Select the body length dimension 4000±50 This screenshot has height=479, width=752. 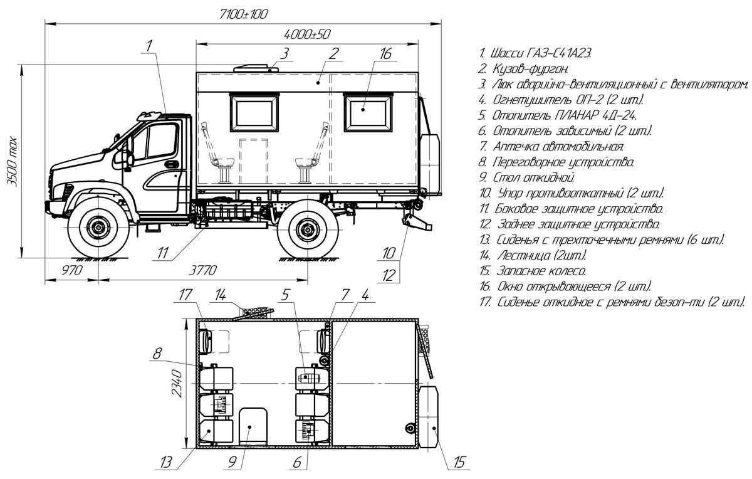(x=307, y=33)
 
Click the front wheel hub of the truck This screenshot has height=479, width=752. (x=98, y=228)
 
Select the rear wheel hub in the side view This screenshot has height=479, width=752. (x=306, y=229)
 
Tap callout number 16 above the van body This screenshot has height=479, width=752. (x=385, y=54)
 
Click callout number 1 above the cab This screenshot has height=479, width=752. (x=149, y=45)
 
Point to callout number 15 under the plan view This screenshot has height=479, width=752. (x=459, y=463)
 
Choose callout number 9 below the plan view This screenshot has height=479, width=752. (x=232, y=463)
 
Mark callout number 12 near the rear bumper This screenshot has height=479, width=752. (x=389, y=273)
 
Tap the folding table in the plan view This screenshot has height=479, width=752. (x=253, y=424)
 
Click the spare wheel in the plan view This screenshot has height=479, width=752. (x=429, y=416)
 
